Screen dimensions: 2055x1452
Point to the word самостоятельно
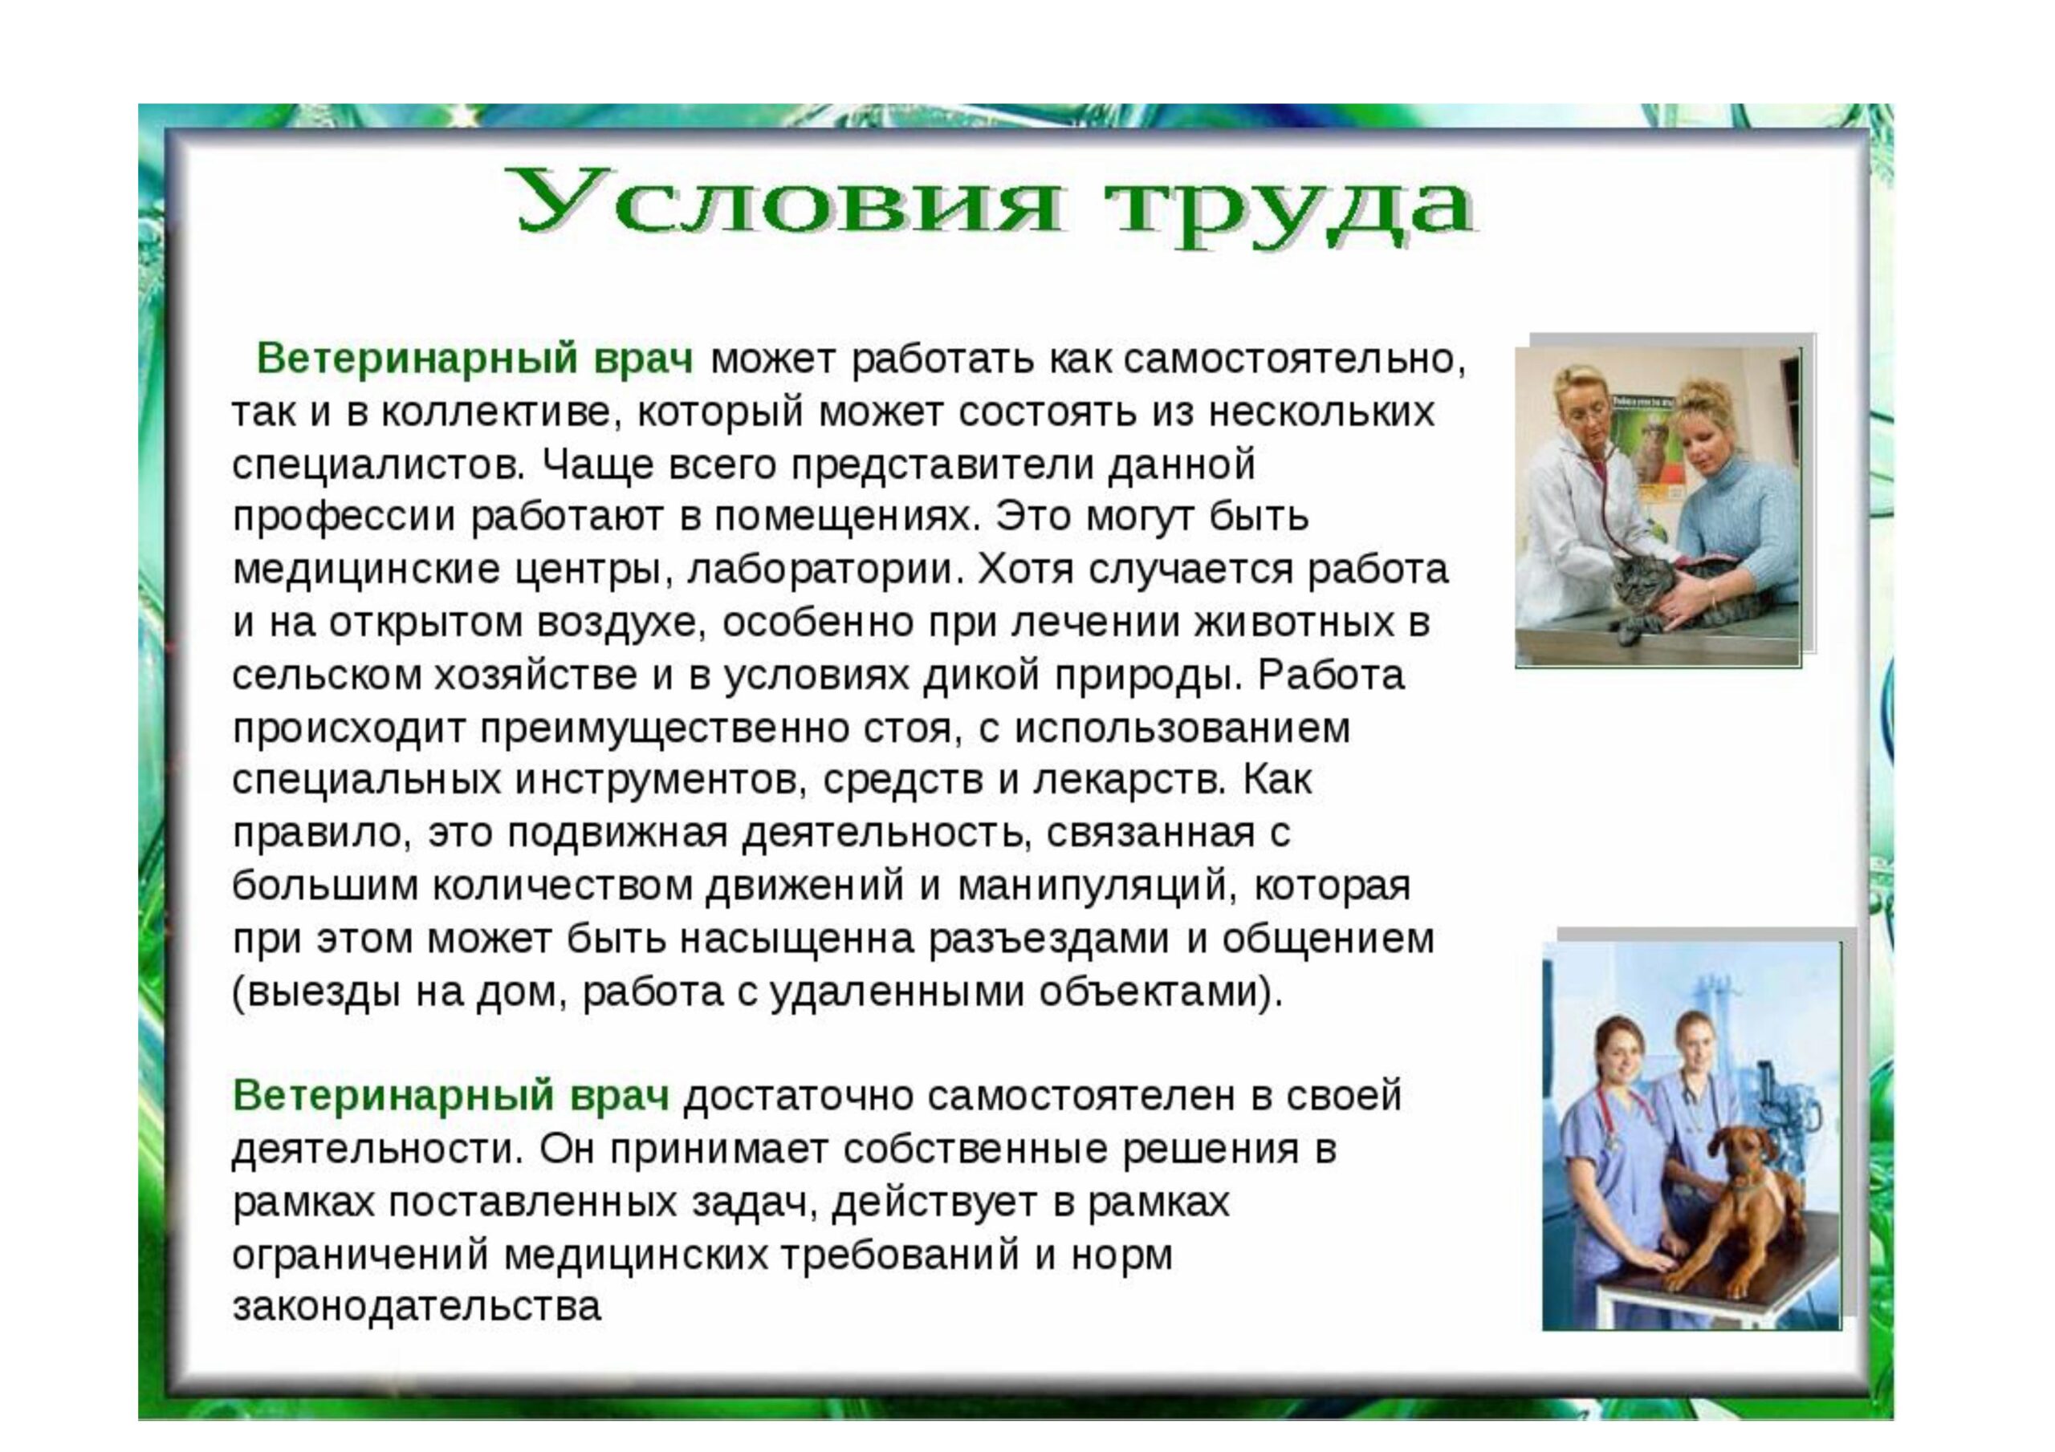(1294, 359)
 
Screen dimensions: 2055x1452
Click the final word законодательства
(416, 1307)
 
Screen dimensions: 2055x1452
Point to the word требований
(901, 1255)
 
